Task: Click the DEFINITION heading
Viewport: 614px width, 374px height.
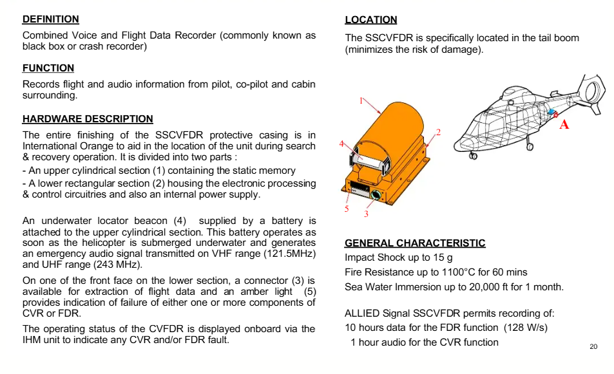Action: point(51,19)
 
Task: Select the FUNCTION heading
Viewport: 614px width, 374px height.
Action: point(48,68)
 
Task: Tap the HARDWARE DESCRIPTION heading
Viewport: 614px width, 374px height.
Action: point(88,119)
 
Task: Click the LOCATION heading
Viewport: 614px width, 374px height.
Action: point(371,20)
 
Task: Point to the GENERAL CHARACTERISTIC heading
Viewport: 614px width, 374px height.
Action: point(415,243)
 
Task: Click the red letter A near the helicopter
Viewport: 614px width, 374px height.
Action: point(564,124)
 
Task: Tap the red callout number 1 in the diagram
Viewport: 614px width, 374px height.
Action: point(361,100)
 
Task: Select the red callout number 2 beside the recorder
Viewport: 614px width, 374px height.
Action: point(438,133)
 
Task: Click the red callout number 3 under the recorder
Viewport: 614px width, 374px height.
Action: point(366,214)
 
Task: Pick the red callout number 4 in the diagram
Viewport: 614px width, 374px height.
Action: point(341,145)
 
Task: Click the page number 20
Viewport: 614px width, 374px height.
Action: point(593,347)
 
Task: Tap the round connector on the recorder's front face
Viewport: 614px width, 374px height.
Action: point(376,194)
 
